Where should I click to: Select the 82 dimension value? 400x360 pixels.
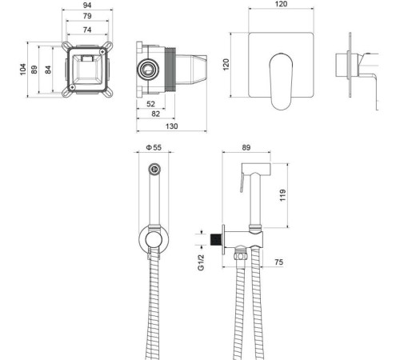coord(157,115)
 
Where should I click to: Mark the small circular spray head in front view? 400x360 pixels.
coord(157,170)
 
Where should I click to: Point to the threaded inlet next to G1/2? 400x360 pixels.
coord(215,238)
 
